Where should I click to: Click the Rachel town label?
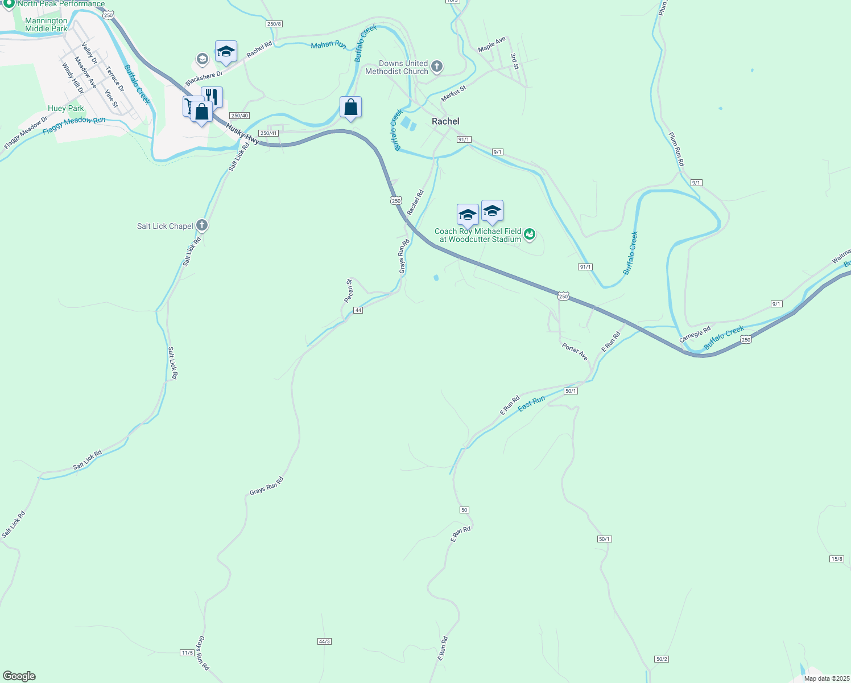[445, 121]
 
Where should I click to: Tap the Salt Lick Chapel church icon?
[202, 225]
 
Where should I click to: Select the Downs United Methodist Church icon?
[436, 67]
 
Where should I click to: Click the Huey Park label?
[65, 108]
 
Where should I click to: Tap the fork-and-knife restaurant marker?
[212, 97]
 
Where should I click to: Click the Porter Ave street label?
[575, 351]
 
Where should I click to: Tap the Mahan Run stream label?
[328, 44]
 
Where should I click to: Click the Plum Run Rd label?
[676, 149]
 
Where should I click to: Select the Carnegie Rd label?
[695, 334]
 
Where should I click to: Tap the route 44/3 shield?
[324, 641]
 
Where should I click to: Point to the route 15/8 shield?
[837, 559]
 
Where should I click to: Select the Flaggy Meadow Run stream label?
[74, 125]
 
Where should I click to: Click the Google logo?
[19, 676]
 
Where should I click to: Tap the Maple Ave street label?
[491, 44]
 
